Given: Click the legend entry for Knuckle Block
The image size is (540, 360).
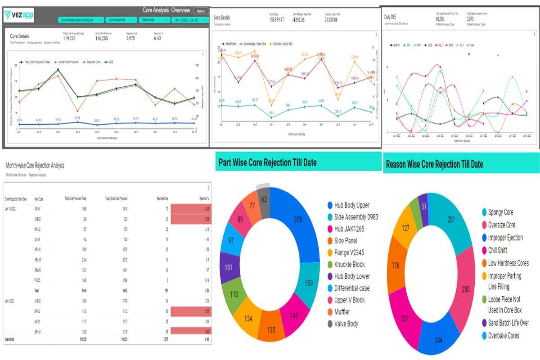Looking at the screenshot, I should [349, 265].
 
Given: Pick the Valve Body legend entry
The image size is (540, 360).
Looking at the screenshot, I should [346, 324].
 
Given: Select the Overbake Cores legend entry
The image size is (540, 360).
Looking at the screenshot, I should [503, 335].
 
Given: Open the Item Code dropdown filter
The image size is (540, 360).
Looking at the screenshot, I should [153, 20].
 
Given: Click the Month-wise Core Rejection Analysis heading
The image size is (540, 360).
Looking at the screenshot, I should [35, 166].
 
